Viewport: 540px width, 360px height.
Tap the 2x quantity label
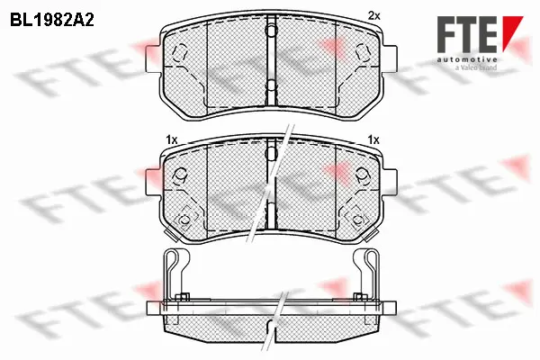click(x=375, y=15)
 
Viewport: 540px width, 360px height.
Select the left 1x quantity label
click(x=171, y=139)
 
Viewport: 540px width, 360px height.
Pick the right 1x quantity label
click(x=373, y=139)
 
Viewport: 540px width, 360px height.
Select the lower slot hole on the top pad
click(x=269, y=87)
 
